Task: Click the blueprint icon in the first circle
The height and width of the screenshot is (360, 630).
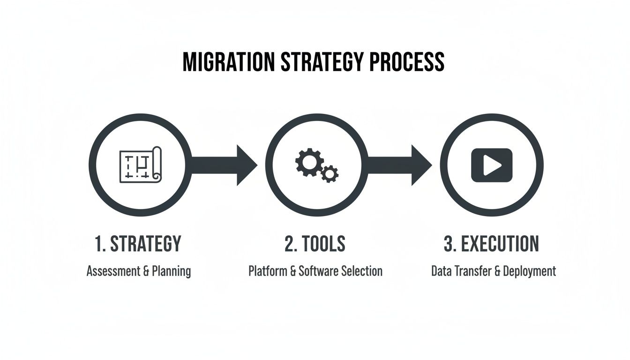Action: (x=140, y=165)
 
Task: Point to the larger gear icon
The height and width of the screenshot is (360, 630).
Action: (x=308, y=162)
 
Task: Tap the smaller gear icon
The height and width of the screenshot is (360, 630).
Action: (x=330, y=174)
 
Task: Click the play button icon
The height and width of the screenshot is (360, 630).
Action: (x=491, y=165)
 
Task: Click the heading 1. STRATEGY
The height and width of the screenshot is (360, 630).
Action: (x=137, y=244)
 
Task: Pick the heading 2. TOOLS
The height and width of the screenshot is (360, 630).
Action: (x=315, y=244)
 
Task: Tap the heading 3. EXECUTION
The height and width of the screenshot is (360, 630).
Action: (x=491, y=244)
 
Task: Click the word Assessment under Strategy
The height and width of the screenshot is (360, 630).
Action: (x=110, y=271)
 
